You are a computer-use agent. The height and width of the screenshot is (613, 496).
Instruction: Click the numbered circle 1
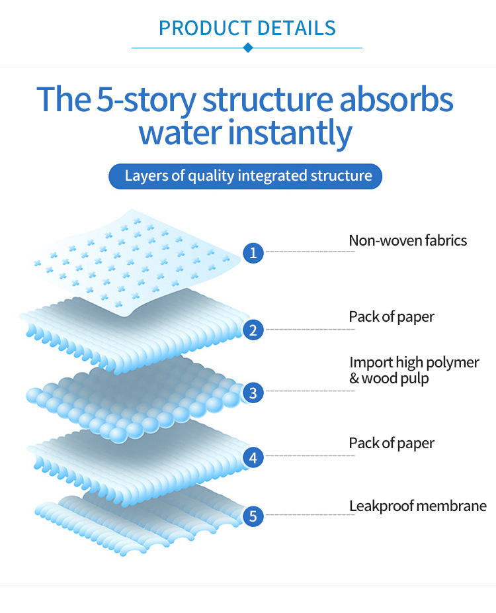coord(253,252)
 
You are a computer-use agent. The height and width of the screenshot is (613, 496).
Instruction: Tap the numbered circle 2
coord(253,329)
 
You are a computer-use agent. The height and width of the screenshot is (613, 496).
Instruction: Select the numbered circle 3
coord(253,393)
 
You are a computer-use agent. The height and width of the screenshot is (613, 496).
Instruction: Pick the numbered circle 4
coord(253,456)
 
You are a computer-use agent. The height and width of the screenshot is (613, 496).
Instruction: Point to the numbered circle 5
coord(253,515)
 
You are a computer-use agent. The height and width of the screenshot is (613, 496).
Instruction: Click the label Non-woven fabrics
coord(407,240)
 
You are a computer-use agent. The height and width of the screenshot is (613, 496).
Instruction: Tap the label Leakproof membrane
coord(417,506)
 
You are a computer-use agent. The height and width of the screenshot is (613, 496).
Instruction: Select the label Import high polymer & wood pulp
coord(414,370)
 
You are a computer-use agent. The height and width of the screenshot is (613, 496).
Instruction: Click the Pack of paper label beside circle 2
coord(392,316)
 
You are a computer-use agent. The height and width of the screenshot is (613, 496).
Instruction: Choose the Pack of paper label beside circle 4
coord(392,443)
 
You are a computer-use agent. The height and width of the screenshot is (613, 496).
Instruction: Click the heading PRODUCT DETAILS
coord(247,28)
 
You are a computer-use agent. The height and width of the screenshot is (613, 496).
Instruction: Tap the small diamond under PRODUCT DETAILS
coord(247,48)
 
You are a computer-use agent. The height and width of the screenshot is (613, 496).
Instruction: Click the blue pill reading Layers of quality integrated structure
coord(247,176)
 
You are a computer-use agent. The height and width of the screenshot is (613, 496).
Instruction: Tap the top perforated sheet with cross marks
coord(132,258)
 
